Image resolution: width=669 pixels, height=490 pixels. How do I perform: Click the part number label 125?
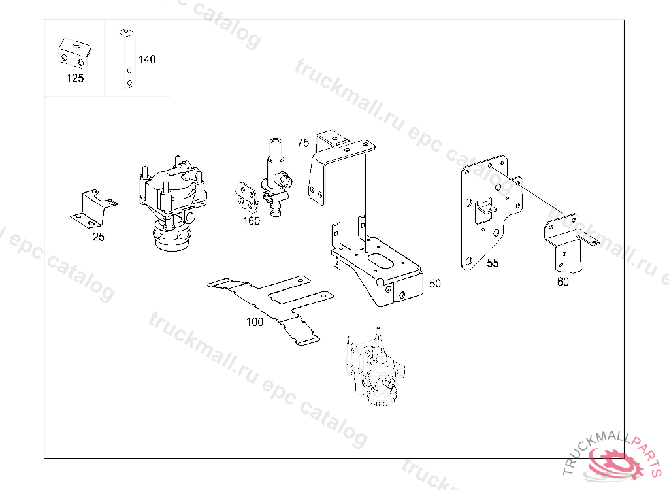75,78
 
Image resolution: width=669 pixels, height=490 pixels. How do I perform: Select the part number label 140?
147,59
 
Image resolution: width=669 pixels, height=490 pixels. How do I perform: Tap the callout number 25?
99,237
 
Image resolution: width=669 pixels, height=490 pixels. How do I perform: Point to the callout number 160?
252,221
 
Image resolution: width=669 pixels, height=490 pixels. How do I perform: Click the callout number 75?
303,142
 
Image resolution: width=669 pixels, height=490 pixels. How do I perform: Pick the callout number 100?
255,322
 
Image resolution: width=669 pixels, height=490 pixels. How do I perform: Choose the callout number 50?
434,284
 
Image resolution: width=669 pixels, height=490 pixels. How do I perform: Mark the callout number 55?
493,263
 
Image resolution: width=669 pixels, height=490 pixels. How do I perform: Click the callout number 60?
563,282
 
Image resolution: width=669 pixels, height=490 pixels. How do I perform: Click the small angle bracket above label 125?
74,54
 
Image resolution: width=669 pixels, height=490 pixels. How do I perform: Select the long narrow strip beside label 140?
127,59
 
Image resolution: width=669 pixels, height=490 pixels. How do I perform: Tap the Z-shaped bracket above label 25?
94,208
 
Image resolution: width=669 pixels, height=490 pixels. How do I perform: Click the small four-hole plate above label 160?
246,197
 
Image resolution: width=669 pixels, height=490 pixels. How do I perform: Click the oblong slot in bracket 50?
381,261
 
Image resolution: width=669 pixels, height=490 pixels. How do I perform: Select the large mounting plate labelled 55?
491,212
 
